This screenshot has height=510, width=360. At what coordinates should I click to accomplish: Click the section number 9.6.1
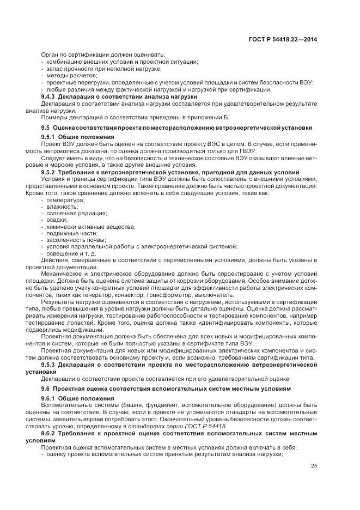point(48,398)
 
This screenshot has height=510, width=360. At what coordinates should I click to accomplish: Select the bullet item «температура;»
point(62,201)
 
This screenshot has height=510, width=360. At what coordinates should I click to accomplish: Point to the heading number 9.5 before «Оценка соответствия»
point(45,127)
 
